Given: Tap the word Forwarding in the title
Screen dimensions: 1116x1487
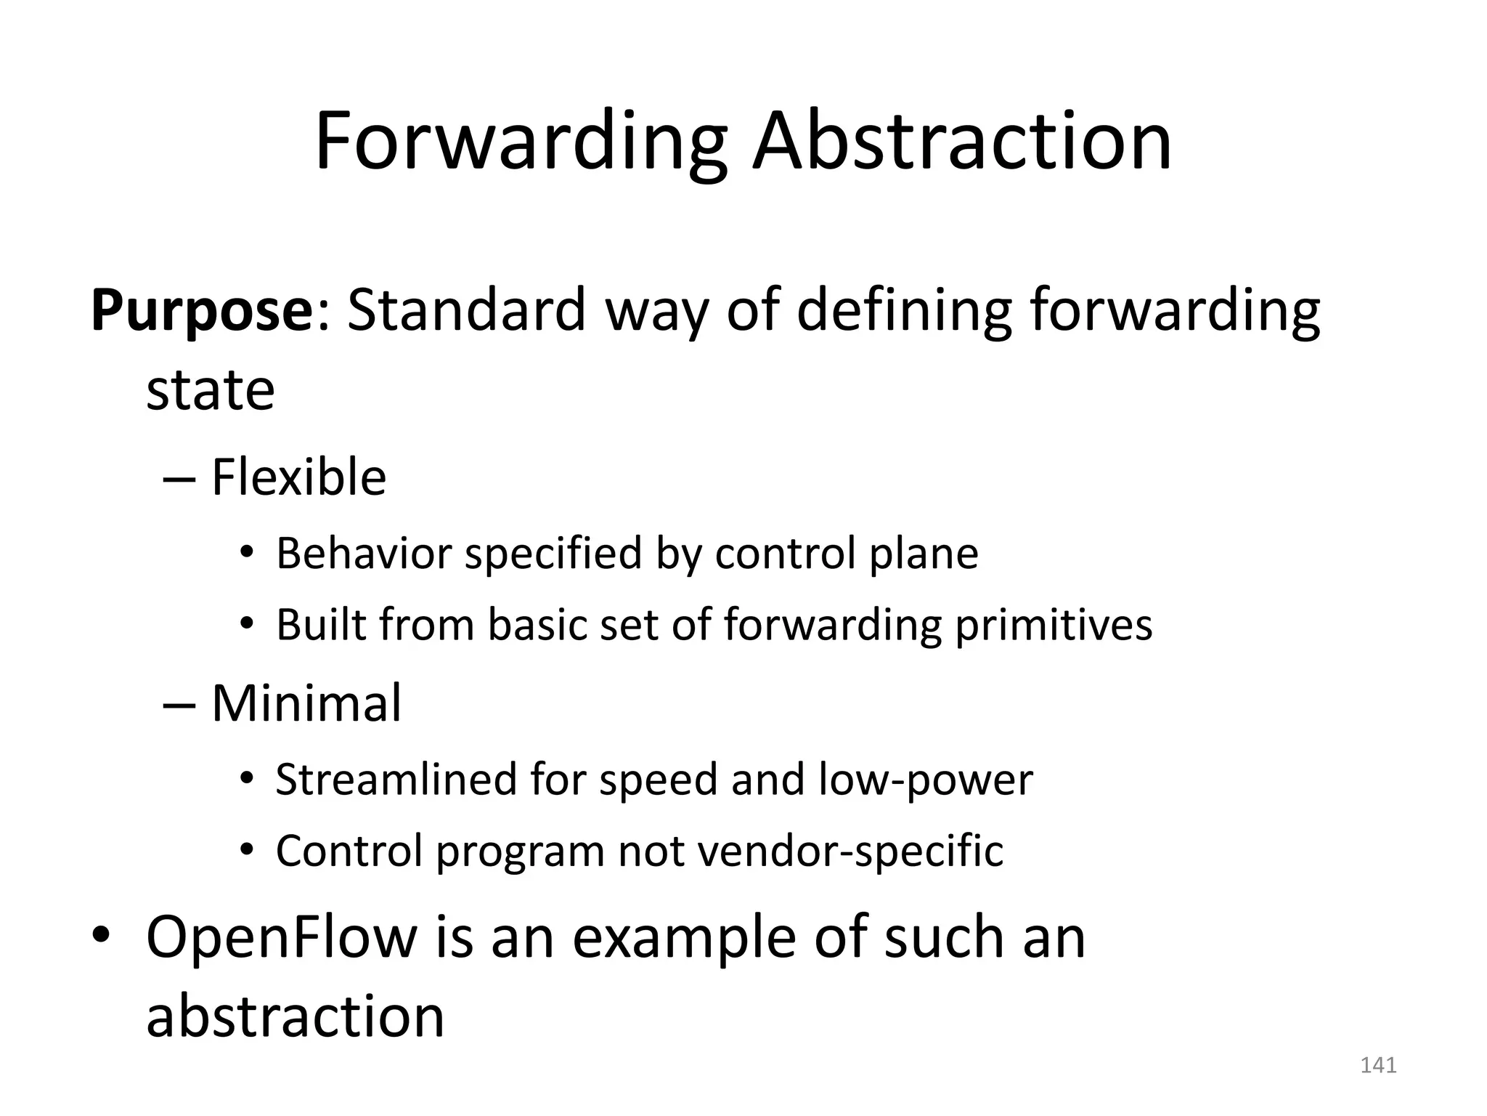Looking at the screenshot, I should tap(521, 143).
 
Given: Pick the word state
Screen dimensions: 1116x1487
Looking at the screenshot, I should tap(211, 390).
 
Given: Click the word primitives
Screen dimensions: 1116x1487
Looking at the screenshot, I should tap(1053, 626).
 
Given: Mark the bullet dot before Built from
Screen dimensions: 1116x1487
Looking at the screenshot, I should tap(247, 624).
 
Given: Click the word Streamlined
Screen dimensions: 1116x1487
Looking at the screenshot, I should tap(396, 780).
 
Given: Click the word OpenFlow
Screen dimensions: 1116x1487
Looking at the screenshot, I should tap(282, 937).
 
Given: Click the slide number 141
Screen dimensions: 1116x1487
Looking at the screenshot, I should tap(1378, 1065).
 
